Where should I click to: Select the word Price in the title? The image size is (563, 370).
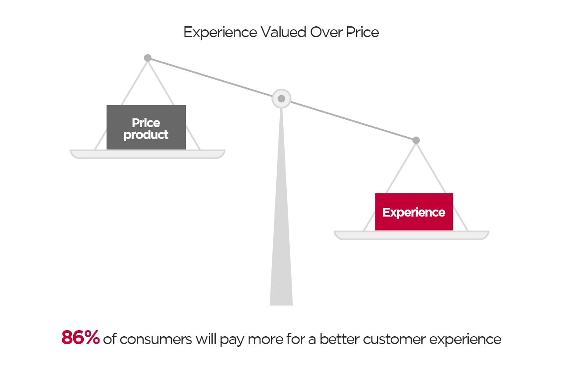(x=362, y=32)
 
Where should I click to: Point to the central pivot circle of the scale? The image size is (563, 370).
(x=281, y=98)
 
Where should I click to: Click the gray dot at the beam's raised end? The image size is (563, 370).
(x=148, y=58)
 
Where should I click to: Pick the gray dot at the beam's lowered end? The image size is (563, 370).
(x=416, y=140)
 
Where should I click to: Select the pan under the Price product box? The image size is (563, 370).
(x=147, y=154)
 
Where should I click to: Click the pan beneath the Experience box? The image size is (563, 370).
(x=411, y=235)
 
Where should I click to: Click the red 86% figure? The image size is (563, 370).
(x=81, y=338)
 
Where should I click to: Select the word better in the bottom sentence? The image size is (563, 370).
(x=340, y=339)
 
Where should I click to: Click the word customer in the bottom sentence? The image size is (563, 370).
(x=399, y=339)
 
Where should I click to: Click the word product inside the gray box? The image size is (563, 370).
(x=146, y=135)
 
